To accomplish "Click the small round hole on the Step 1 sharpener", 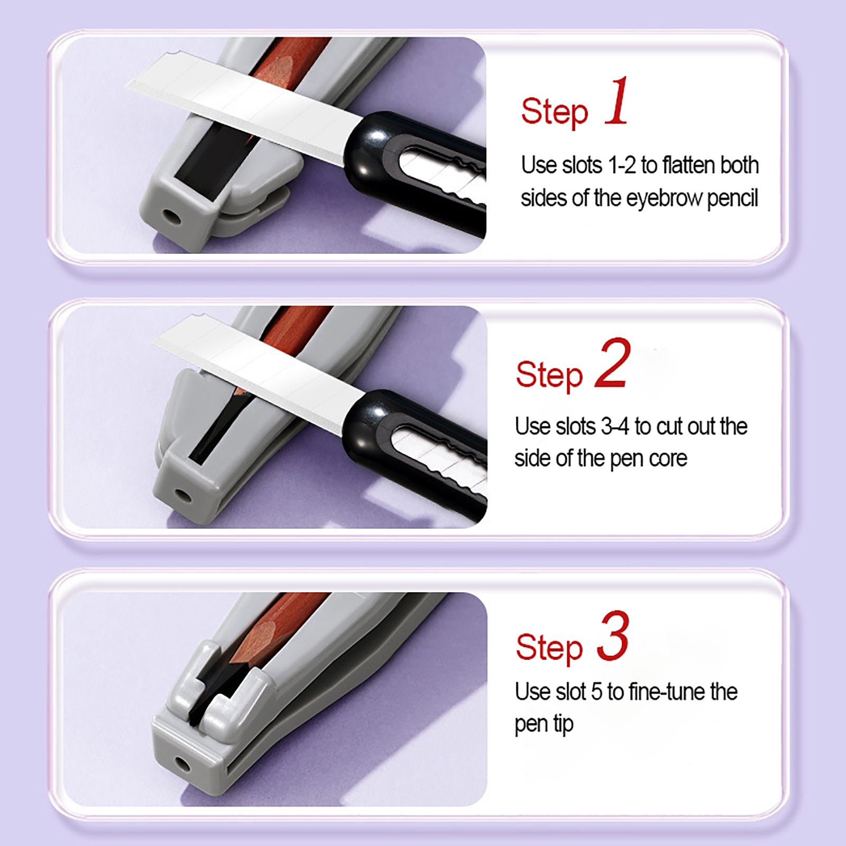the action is click(x=170, y=216).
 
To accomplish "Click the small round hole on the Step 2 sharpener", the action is click(x=183, y=495).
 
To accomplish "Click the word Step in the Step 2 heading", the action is click(x=549, y=375).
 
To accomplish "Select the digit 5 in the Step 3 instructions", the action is click(x=596, y=692).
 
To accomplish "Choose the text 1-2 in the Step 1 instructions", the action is click(x=622, y=165).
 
